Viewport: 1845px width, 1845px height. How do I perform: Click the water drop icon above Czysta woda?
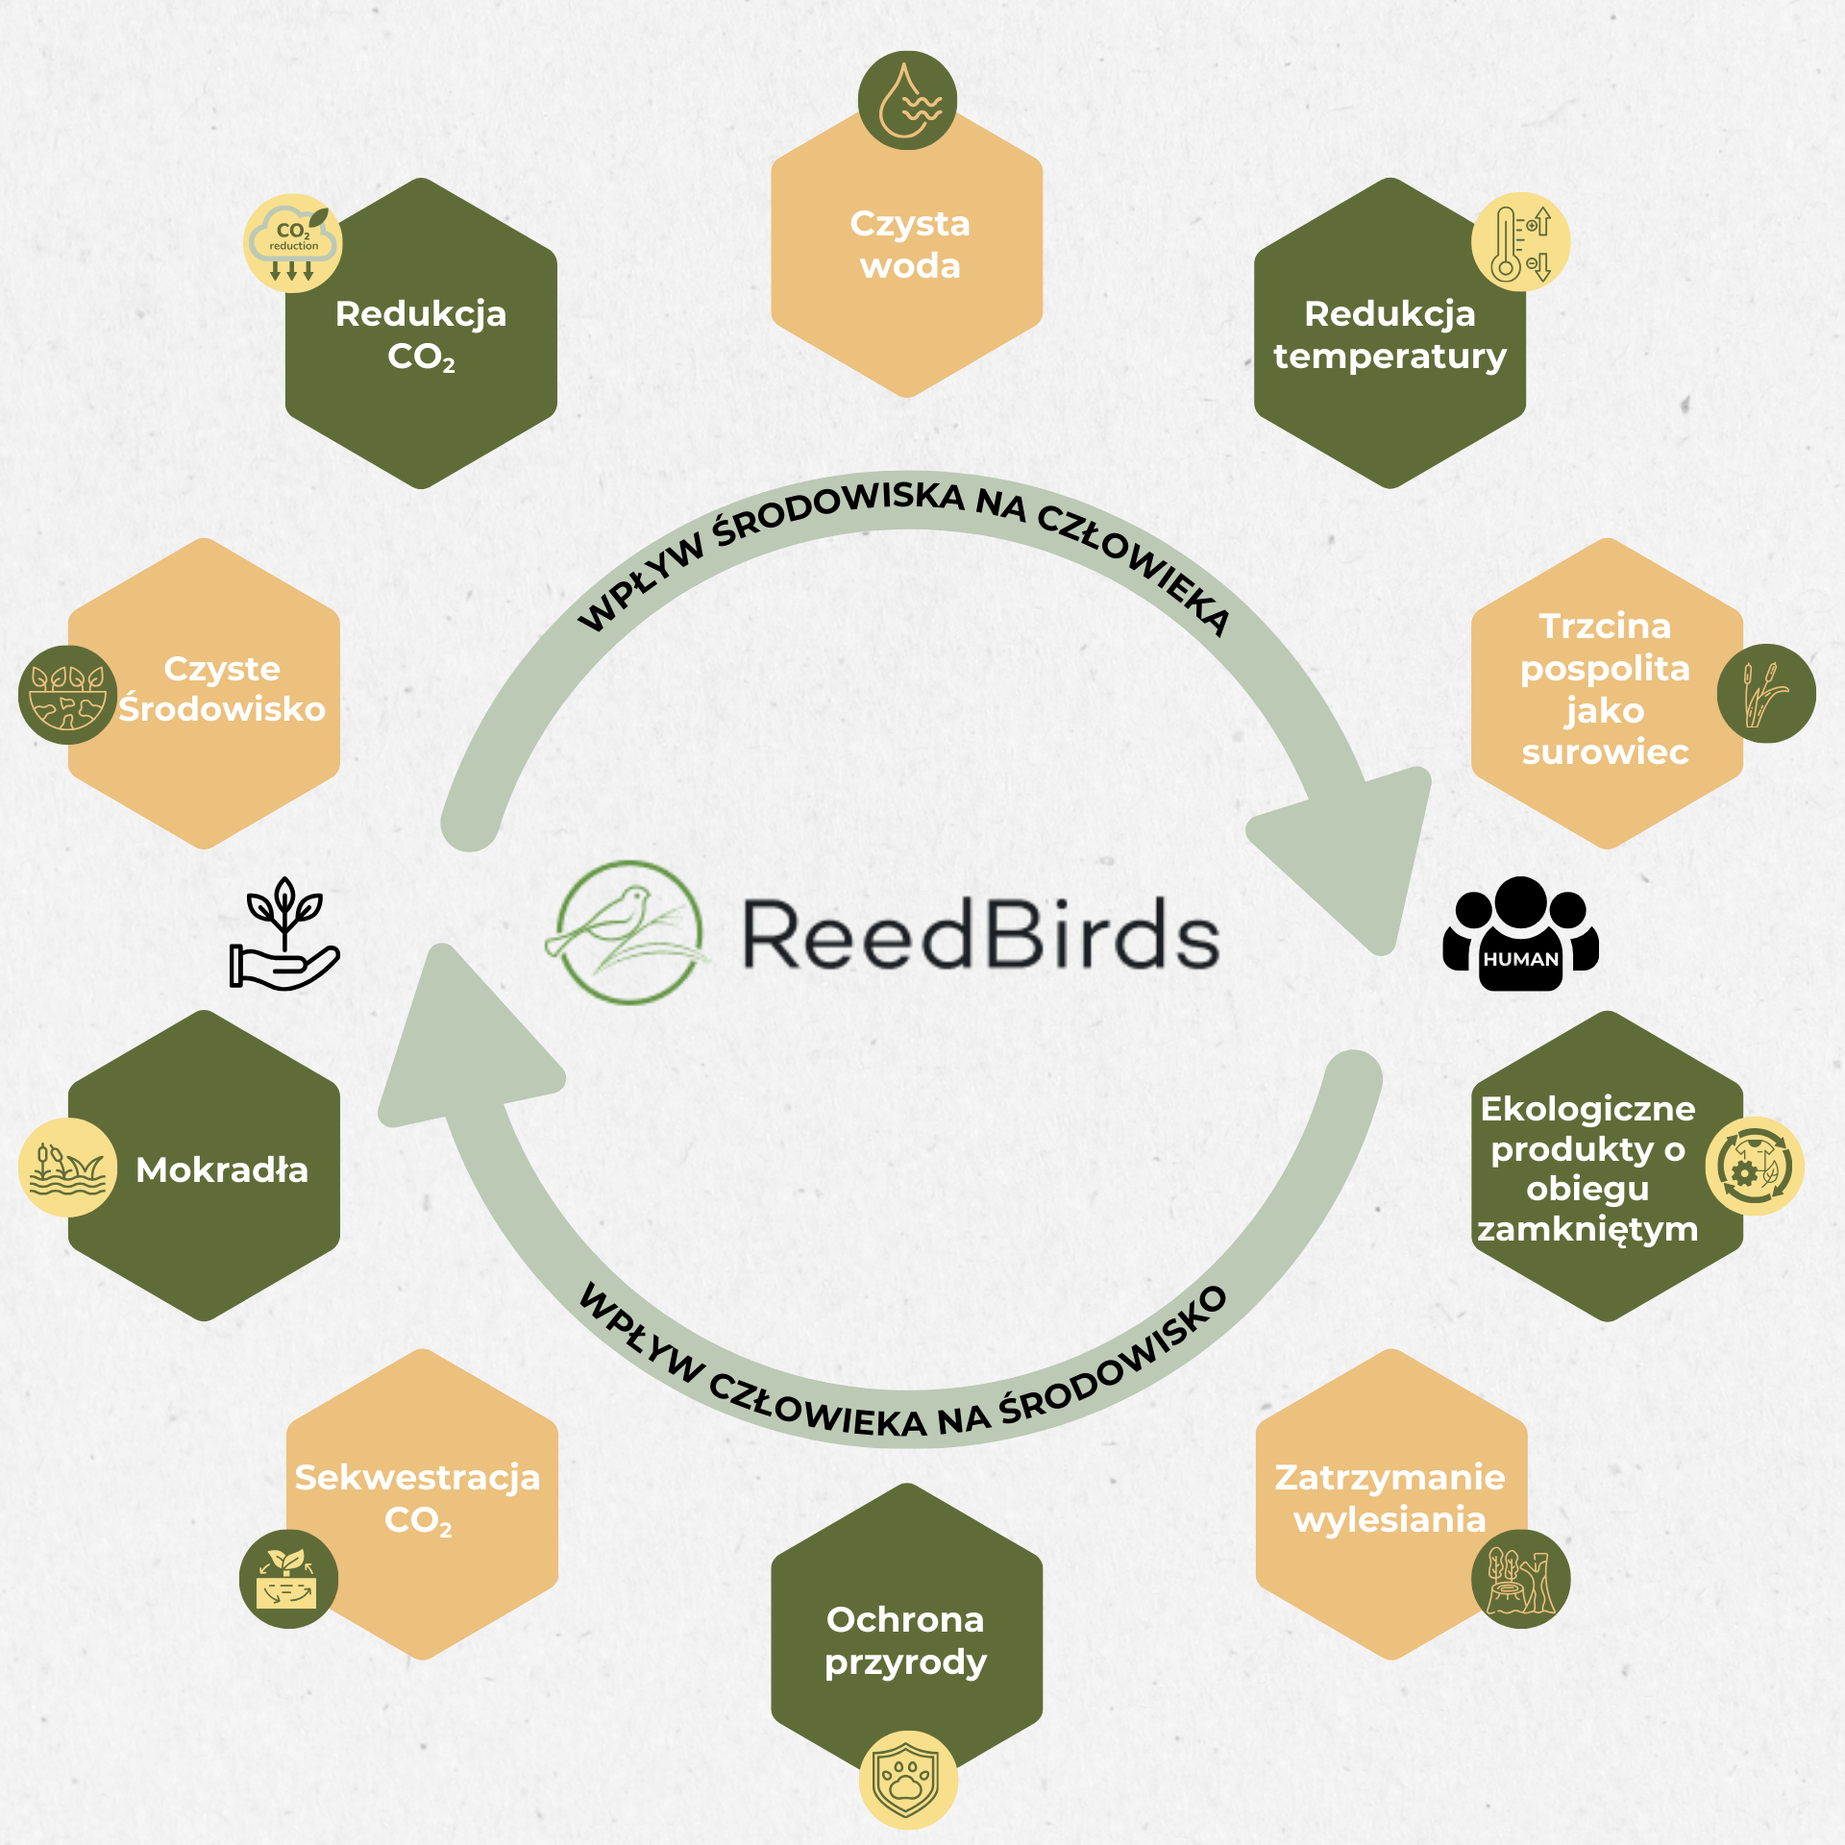click(x=906, y=101)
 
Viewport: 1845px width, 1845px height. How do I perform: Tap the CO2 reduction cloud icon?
click(x=293, y=243)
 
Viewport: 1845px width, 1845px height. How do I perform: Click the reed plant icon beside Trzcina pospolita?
click(x=1766, y=693)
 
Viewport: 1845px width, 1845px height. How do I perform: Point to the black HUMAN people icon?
click(x=1520, y=933)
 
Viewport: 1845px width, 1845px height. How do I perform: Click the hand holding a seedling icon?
click(x=283, y=934)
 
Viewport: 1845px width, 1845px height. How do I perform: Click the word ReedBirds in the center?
click(x=980, y=935)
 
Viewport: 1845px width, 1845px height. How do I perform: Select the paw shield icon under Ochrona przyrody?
click(x=907, y=1780)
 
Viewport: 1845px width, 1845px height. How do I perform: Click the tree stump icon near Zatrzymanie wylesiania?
click(x=1520, y=1579)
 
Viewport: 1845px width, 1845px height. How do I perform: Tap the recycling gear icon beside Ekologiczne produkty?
click(x=1754, y=1166)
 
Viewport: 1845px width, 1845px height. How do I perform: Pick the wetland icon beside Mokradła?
click(x=67, y=1168)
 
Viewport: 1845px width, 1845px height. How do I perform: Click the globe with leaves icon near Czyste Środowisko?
click(x=67, y=694)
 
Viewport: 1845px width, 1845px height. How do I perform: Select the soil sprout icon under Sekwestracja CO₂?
click(x=288, y=1579)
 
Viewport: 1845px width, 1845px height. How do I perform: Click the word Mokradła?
click(x=222, y=1169)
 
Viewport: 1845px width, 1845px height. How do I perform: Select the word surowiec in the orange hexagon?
click(x=1605, y=751)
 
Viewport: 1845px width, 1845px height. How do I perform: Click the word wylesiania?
click(x=1390, y=1519)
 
